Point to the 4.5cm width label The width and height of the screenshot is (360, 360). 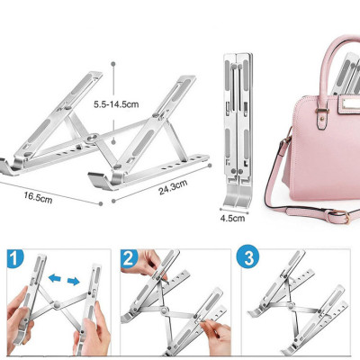232,216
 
